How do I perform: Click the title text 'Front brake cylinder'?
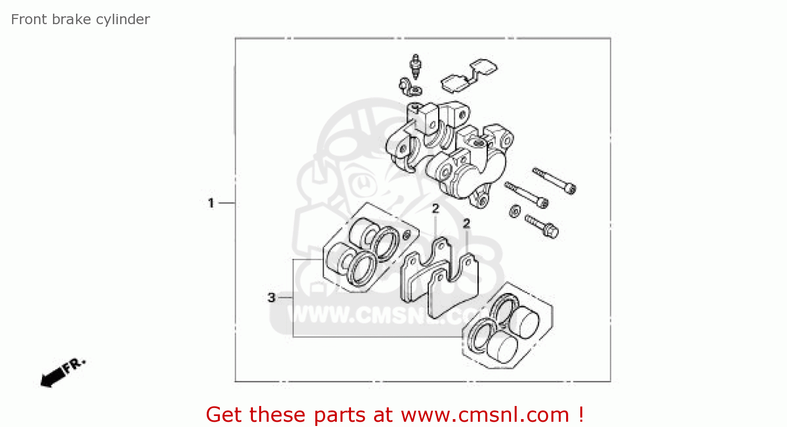pyautogui.click(x=80, y=19)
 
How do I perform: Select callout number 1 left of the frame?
pyautogui.click(x=211, y=203)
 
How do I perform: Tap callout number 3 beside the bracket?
pyautogui.click(x=271, y=298)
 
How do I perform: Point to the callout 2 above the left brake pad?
pyautogui.click(x=435, y=209)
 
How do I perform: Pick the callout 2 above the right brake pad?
pyautogui.click(x=466, y=224)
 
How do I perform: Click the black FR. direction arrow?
pyautogui.click(x=62, y=372)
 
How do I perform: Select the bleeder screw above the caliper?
pyautogui.click(x=416, y=67)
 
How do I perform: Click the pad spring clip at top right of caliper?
pyautogui.click(x=469, y=74)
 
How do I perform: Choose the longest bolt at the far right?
pyautogui.click(x=555, y=180)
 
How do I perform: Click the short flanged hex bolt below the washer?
pyautogui.click(x=542, y=225)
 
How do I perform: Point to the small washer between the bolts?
pyautogui.click(x=515, y=211)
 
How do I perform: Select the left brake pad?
pyautogui.click(x=422, y=270)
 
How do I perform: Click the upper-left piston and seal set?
pyautogui.click(x=362, y=247)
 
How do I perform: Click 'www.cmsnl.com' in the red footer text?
pyautogui.click(x=485, y=415)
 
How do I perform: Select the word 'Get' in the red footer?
pyautogui.click(x=224, y=415)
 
